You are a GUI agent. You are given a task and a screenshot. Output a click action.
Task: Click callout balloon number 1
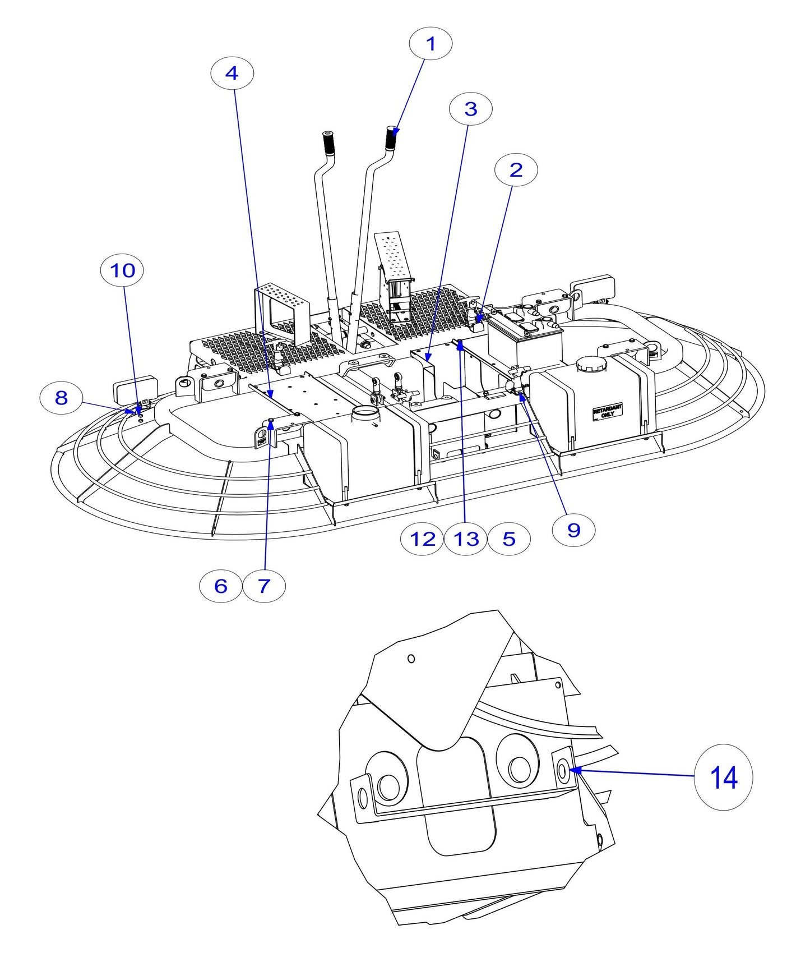(431, 44)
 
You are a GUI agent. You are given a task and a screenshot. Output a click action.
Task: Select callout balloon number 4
(232, 73)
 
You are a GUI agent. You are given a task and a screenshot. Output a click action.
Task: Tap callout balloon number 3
(471, 109)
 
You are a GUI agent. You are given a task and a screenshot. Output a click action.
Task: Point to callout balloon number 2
(516, 169)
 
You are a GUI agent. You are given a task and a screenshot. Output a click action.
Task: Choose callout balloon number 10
(122, 270)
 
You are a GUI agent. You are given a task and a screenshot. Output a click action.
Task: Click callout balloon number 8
(61, 398)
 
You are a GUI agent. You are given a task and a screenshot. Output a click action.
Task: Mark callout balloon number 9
(573, 530)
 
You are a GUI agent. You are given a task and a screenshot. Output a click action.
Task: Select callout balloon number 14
(723, 777)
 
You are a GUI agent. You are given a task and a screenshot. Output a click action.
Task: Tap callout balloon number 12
(423, 539)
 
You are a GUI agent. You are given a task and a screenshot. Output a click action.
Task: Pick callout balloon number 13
(466, 539)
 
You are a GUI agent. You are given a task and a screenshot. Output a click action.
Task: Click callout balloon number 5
(509, 539)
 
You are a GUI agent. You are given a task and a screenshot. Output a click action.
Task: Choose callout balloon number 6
(221, 586)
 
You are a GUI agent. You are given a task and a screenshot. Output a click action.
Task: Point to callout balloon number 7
(264, 586)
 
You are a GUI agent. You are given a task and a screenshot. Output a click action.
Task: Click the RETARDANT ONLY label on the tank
(607, 412)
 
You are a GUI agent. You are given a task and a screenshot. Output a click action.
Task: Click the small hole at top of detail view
(411, 659)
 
